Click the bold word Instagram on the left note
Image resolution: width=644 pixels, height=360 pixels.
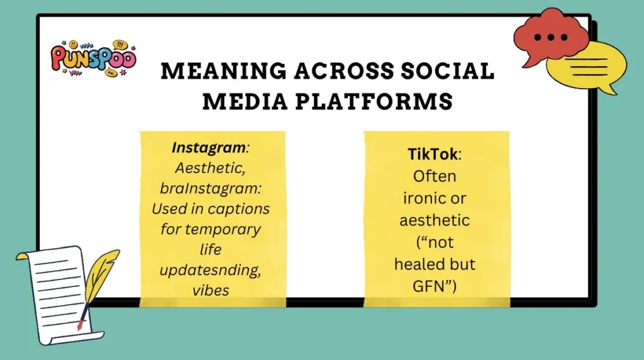point(208,149)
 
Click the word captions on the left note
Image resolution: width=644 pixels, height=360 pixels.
point(240,208)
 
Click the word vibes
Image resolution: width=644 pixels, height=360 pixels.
point(213,289)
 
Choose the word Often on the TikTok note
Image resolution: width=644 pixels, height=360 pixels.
point(436,176)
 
